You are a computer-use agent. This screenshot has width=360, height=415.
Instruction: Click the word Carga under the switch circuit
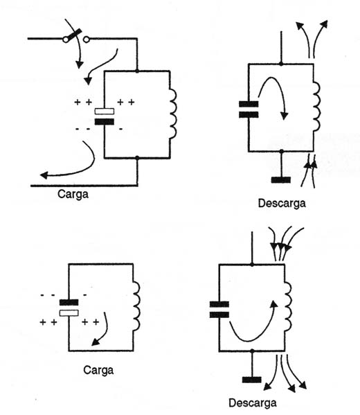73,195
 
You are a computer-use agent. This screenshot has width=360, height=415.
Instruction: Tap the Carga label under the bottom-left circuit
98,370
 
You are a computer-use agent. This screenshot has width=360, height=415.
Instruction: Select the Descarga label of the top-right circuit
282,203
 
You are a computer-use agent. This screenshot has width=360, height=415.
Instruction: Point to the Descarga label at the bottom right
253,403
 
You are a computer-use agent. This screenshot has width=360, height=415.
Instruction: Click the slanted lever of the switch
73,35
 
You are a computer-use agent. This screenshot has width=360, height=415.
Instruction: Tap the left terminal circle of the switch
65,39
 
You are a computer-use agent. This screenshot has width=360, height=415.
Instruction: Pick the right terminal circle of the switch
87,39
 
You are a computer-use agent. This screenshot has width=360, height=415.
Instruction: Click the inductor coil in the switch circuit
173,114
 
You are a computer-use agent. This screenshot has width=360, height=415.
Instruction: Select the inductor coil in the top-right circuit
316,107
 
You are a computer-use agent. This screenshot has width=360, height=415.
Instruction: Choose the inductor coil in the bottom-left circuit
136,306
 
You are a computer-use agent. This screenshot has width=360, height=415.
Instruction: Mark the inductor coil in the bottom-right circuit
288,306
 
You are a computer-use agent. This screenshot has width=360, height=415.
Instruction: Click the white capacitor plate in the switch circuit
105,112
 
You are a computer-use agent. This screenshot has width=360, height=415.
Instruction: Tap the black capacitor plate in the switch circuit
105,122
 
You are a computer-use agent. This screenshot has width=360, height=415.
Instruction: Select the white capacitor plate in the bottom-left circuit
69,313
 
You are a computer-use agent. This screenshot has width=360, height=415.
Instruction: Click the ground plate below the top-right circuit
281,180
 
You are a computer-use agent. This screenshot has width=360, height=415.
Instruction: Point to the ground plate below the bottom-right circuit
252,380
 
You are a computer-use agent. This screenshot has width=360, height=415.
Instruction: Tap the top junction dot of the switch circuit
137,71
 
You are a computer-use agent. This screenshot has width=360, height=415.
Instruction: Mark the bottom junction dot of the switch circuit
137,158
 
